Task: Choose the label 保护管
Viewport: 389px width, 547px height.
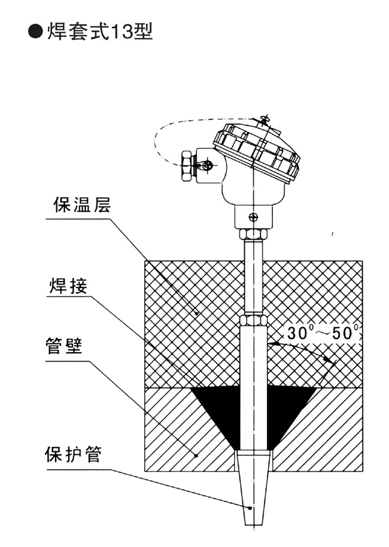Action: [x=74, y=456]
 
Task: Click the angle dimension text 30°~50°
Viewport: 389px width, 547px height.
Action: [x=323, y=332]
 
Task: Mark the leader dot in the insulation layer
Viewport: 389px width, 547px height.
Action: [x=198, y=313]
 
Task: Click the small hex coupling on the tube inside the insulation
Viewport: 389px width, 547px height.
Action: [x=254, y=317]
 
